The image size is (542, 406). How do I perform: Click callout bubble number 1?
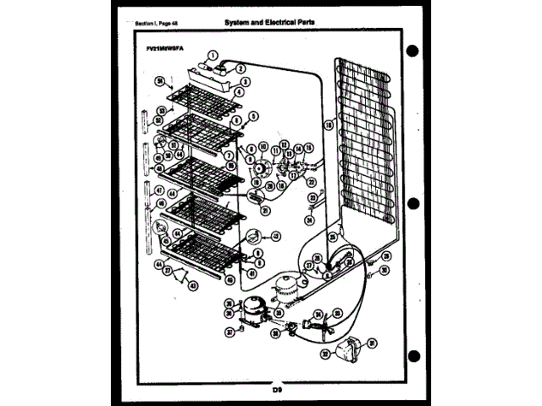(x=213, y=57)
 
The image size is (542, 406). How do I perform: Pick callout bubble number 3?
(x=241, y=81)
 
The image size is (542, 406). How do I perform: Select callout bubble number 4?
(x=241, y=91)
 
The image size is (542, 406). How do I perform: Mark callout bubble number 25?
(x=333, y=239)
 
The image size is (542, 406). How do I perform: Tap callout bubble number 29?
(x=385, y=255)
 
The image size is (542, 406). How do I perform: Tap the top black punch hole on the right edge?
(x=413, y=51)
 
